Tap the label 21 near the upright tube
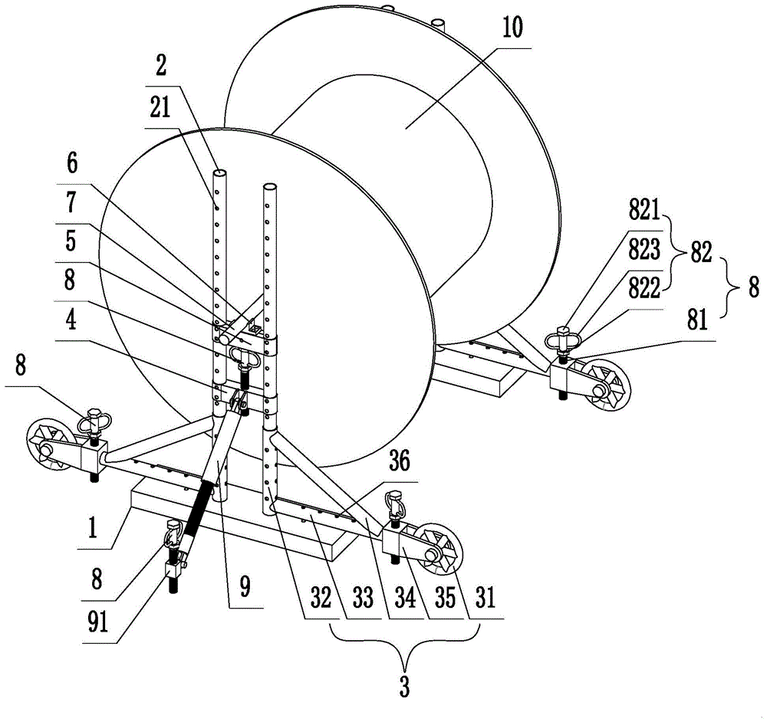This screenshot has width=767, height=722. [160, 107]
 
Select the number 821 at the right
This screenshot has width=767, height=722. [644, 211]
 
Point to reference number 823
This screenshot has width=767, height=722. [644, 250]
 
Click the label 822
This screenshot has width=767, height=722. [644, 288]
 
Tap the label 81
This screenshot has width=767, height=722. [696, 320]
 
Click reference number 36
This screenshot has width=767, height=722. [399, 461]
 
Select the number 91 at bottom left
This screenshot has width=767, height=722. [97, 622]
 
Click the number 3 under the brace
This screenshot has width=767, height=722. [404, 687]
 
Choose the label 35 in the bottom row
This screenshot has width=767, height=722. [445, 597]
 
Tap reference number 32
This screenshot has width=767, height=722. [321, 597]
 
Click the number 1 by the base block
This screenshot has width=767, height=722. [93, 528]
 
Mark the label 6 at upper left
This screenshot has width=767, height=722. [72, 163]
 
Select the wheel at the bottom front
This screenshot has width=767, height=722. [439, 550]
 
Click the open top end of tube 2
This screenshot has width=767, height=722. [219, 175]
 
